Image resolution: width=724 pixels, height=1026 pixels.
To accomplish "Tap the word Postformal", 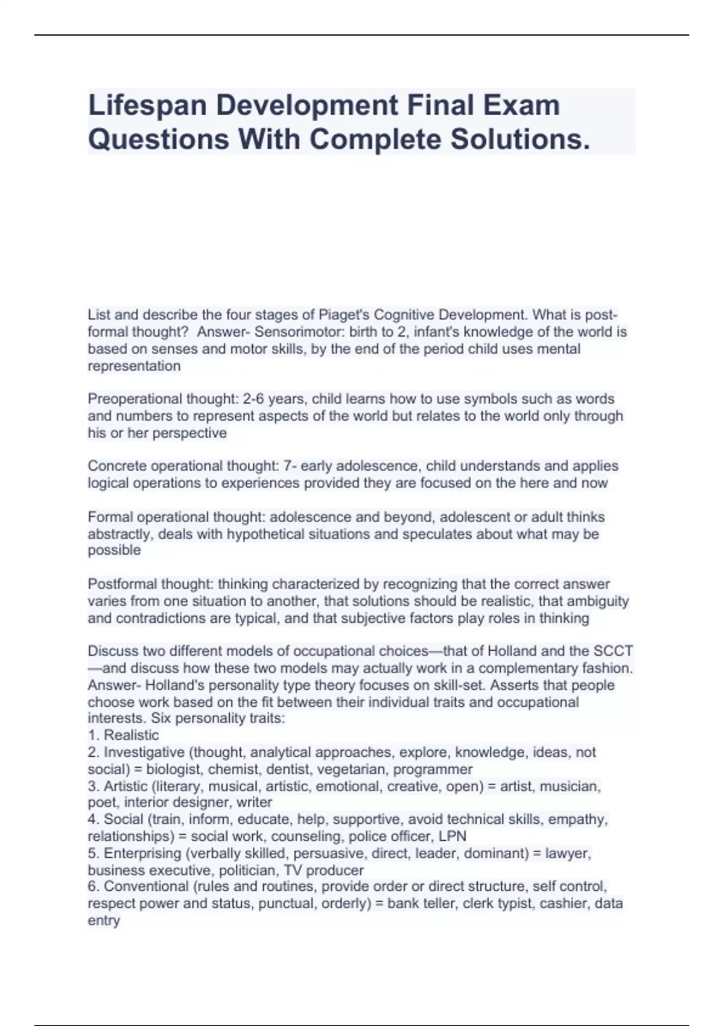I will coord(119,584).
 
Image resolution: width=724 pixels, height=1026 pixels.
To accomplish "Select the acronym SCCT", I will coord(613,651).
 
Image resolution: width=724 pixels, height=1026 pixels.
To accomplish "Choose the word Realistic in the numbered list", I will coord(131,735).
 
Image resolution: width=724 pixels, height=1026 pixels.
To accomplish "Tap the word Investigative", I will coord(144,753).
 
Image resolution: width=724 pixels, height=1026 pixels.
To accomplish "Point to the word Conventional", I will coord(145,887).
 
